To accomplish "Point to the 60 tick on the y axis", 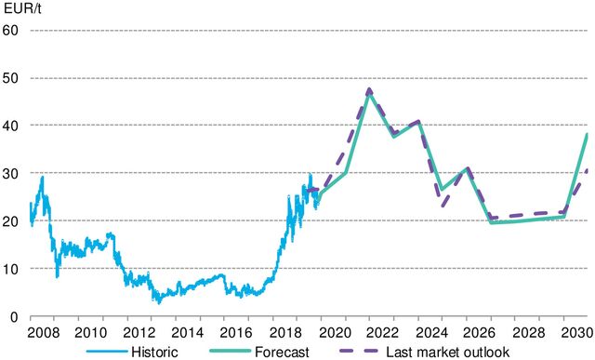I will (x=11, y=30).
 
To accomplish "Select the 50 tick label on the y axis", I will (x=11, y=77).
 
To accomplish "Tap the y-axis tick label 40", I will (x=11, y=125).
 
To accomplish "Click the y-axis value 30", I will (x=11, y=173).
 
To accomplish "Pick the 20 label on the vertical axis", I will (x=11, y=220).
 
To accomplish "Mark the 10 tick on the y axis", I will (x=11, y=268).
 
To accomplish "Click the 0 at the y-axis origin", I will (x=14, y=316).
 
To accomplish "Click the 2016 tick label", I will (x=236, y=332).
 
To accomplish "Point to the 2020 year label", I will (x=334, y=332).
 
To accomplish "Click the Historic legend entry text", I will (x=153, y=351).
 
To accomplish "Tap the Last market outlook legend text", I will (x=446, y=351).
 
